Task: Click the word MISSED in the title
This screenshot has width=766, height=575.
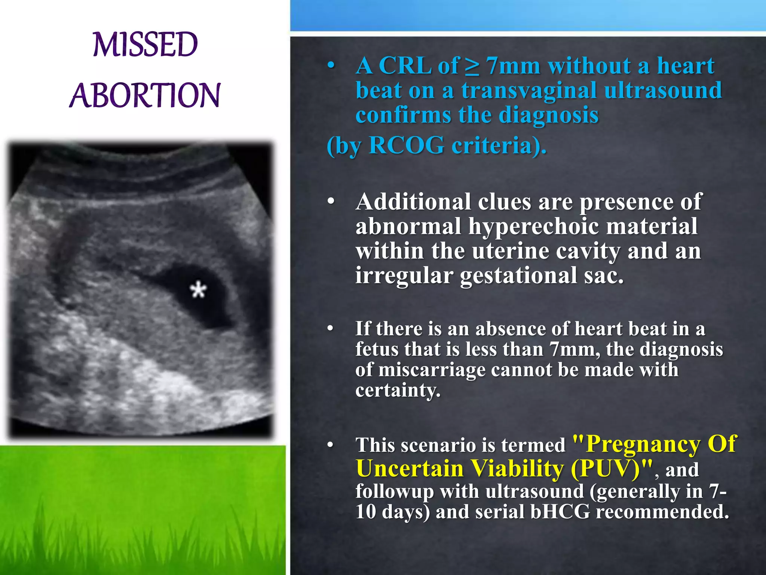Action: coord(145,45)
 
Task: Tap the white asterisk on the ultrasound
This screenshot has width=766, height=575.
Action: coord(198,290)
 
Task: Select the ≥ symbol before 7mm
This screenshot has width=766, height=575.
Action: coord(472,67)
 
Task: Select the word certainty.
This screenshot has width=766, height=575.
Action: coord(397,390)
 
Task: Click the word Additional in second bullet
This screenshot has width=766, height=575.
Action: coord(413,202)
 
